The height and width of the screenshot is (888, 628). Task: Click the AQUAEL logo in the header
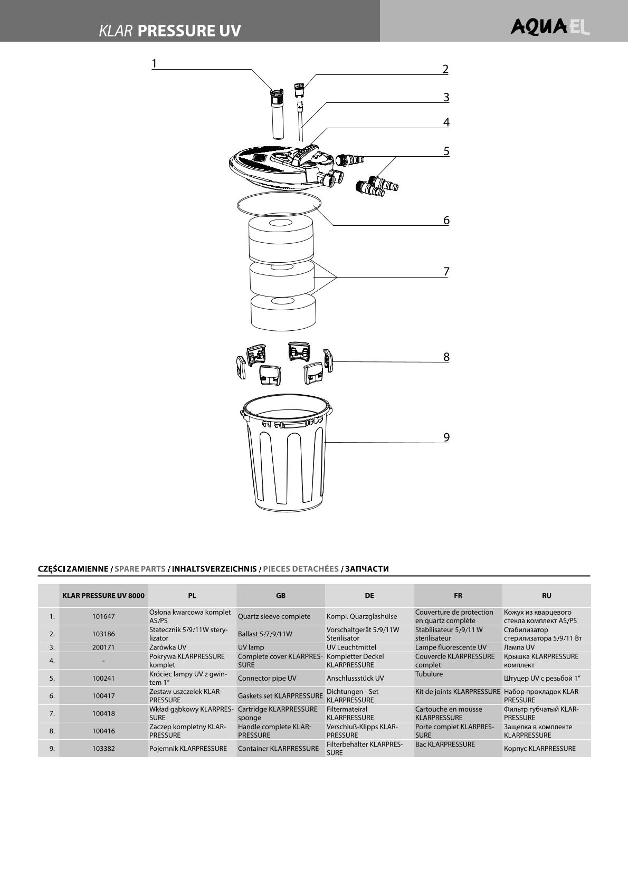(x=549, y=26)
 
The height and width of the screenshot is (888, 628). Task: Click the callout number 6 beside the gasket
(x=446, y=220)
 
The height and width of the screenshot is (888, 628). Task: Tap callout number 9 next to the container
(x=446, y=437)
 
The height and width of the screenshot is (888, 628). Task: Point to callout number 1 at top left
(x=154, y=64)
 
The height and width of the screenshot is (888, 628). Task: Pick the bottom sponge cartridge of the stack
(x=282, y=311)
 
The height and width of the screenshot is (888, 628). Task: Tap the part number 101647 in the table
(x=103, y=616)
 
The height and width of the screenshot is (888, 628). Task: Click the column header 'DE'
(x=369, y=596)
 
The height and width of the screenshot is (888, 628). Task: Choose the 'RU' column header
(x=546, y=596)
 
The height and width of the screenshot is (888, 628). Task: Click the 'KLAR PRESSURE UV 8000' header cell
(x=103, y=596)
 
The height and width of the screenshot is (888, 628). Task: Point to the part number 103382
(x=103, y=749)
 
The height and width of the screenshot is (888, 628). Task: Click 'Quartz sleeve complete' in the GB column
(x=274, y=616)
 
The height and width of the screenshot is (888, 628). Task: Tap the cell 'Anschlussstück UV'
(x=355, y=679)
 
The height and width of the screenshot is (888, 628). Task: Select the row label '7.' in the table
(x=52, y=713)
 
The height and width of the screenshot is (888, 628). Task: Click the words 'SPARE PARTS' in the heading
(x=140, y=569)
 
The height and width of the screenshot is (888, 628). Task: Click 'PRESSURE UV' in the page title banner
(x=189, y=31)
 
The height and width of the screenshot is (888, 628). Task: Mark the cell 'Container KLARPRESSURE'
(x=278, y=749)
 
